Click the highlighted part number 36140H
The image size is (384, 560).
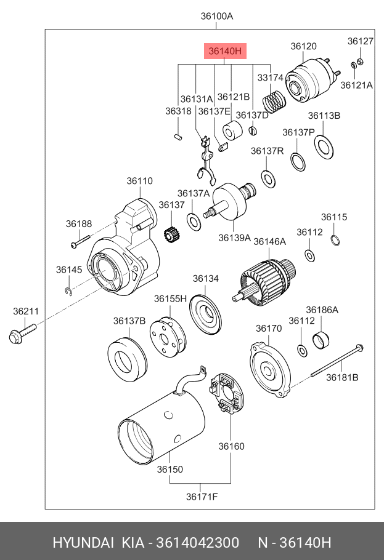(225, 51)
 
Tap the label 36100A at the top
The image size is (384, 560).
(216, 16)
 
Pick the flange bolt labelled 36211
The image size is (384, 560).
(23, 333)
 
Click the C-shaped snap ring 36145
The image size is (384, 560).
(69, 291)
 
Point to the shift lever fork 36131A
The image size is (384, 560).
(206, 160)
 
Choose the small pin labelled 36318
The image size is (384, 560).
(178, 136)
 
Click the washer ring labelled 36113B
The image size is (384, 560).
(324, 147)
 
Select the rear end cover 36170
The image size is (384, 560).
(270, 370)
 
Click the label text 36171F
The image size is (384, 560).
(202, 497)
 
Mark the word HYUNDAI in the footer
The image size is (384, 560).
(83, 543)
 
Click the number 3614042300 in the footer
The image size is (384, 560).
(197, 543)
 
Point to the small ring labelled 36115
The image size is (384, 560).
(335, 241)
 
